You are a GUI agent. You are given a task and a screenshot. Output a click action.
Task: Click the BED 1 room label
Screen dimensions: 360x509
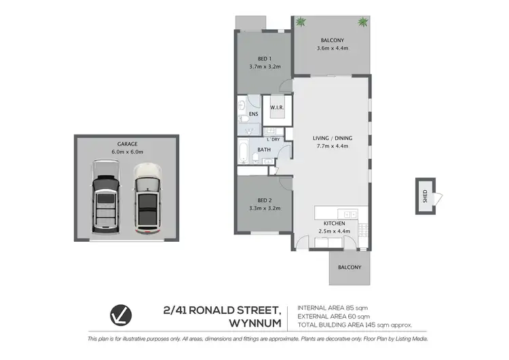click(265, 58)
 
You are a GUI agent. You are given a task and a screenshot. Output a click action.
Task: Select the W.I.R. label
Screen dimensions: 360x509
click(276, 107)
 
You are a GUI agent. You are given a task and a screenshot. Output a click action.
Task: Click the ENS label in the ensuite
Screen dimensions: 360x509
click(253, 114)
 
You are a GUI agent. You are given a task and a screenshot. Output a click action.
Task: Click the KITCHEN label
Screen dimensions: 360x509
click(334, 223)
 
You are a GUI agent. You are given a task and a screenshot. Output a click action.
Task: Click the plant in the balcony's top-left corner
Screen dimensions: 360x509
click(301, 22)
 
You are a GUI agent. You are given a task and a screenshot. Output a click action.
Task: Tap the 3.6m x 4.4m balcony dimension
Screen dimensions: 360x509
click(333, 48)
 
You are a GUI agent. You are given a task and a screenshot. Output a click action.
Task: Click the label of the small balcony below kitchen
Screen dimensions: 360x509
click(350, 267)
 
